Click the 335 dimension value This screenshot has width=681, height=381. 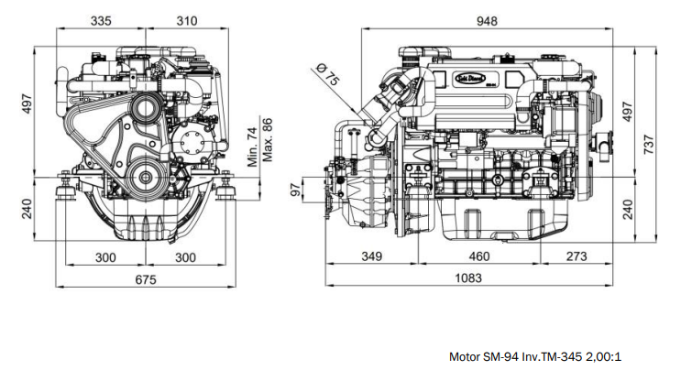point(102,21)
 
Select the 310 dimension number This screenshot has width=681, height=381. point(186,21)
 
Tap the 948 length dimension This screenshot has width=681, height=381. point(487,21)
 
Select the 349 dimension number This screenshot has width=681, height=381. point(371,257)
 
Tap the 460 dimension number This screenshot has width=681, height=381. point(478,257)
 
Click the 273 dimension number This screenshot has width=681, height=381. point(575,257)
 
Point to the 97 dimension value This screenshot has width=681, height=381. point(295,190)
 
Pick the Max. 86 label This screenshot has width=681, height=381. point(268,138)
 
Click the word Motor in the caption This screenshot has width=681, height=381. point(465,357)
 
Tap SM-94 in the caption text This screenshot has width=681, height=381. point(502,357)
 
